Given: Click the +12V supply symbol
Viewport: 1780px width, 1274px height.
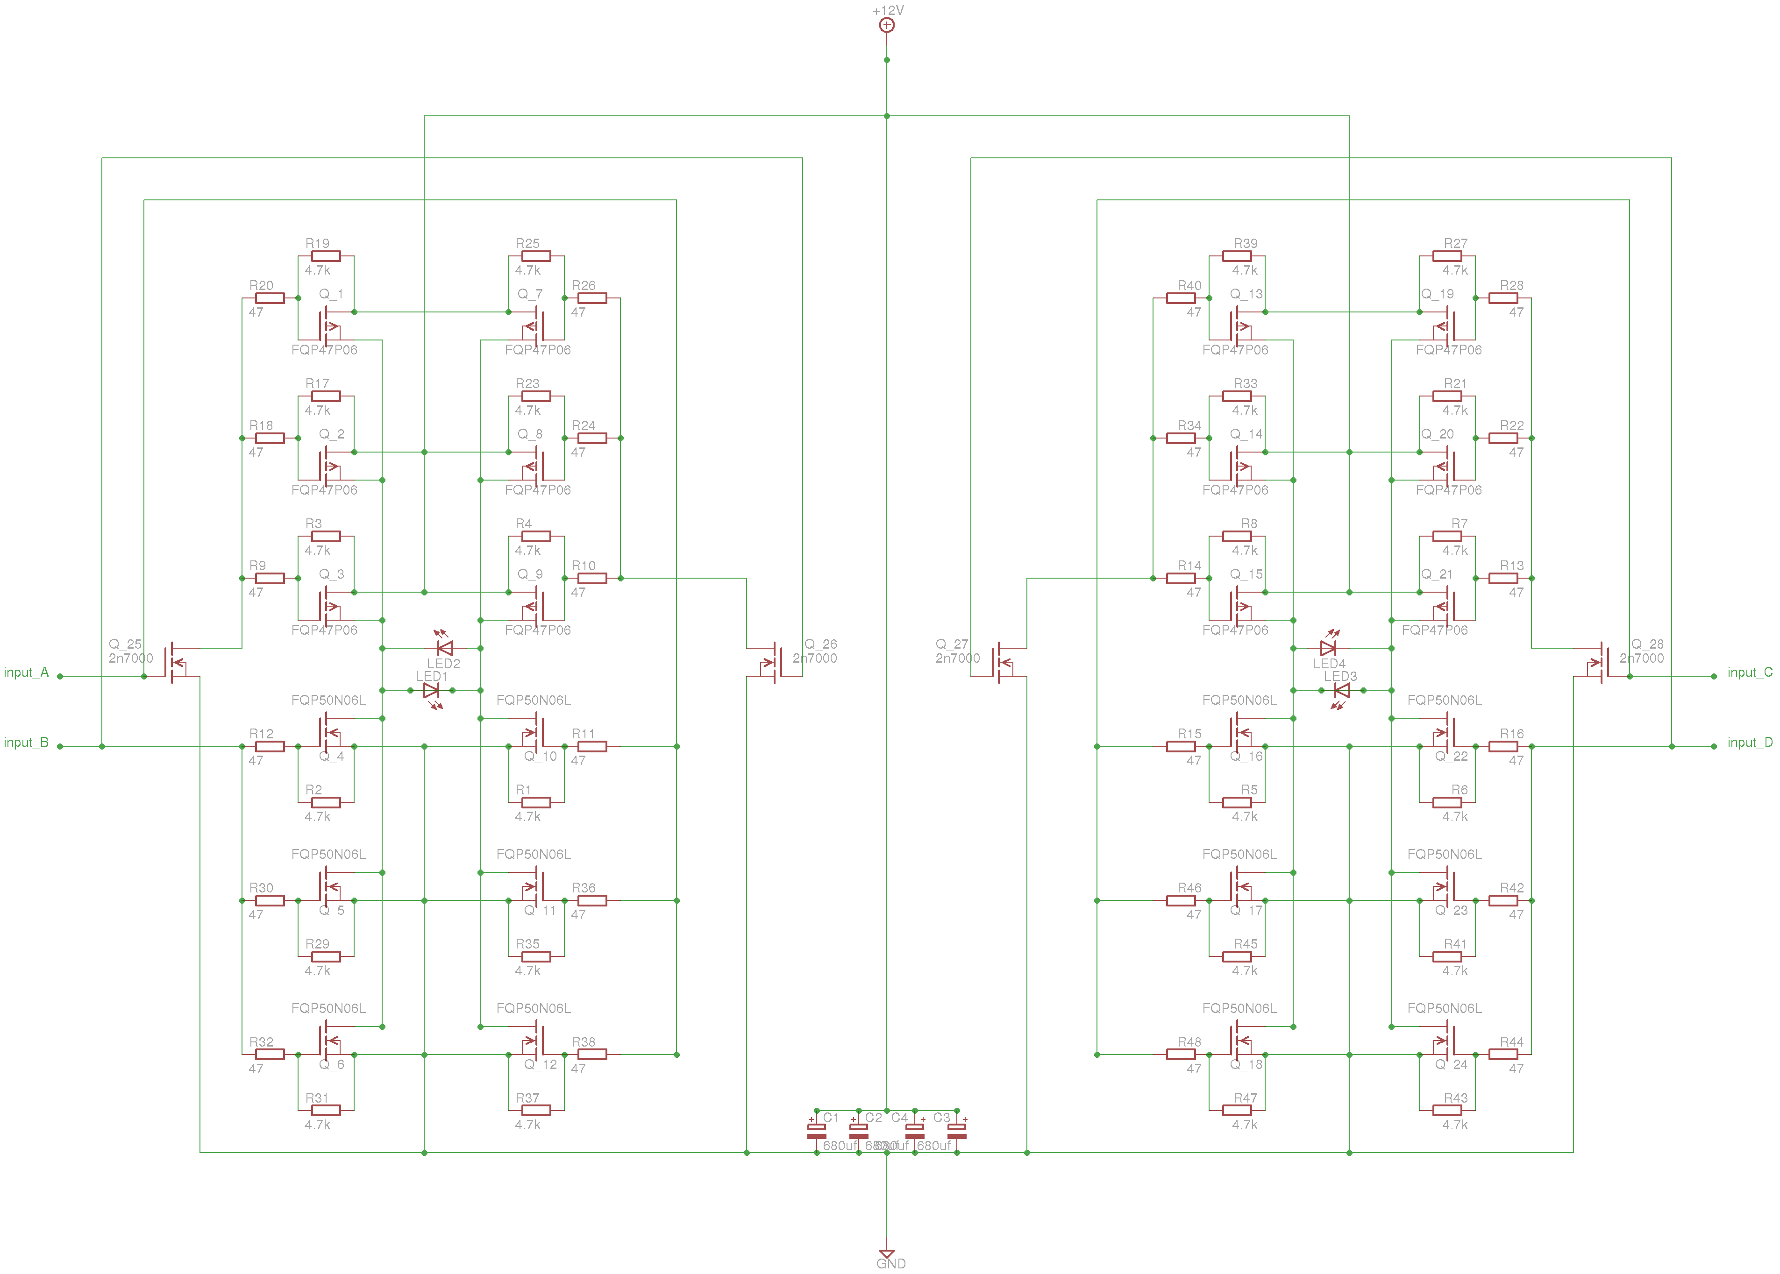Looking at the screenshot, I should tap(886, 25).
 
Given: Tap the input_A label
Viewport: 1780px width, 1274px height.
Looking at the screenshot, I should tap(26, 672).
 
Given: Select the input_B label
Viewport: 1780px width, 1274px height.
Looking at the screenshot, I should tap(26, 742).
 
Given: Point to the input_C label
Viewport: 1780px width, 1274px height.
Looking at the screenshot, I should tap(1749, 672).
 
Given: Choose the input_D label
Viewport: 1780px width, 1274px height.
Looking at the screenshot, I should tap(1749, 742).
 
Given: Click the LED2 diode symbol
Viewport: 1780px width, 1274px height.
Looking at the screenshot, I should tap(445, 648).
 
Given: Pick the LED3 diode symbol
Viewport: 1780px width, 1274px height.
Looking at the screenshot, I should tap(1342, 690).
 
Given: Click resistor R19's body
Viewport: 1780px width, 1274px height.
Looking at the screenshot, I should tap(326, 256).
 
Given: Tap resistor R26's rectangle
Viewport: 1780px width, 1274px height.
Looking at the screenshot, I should tap(592, 298).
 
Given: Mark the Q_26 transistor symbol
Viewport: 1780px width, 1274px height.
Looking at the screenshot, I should tap(773, 663).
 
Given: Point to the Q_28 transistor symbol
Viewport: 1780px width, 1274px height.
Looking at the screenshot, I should tap(1601, 663).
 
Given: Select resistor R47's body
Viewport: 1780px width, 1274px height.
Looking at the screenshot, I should tap(1237, 1110).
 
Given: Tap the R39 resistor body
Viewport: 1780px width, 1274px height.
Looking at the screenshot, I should tap(1237, 256).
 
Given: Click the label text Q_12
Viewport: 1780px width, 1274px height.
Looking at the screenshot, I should tap(540, 1064).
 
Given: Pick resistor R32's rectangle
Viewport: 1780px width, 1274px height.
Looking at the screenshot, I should tap(270, 1055).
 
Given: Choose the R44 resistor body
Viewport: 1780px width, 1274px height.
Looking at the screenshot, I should tap(1503, 1055).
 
